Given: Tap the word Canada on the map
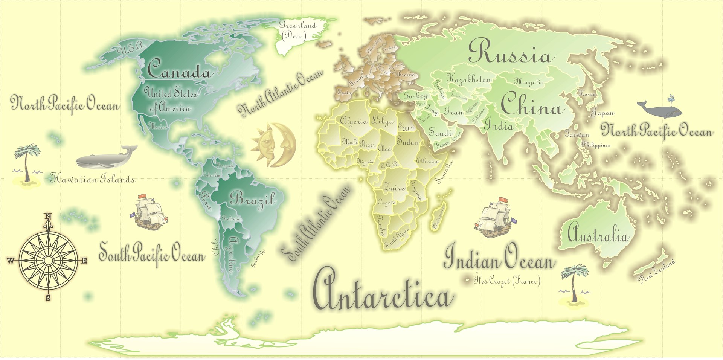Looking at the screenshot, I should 179,70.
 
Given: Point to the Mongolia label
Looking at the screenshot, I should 529,81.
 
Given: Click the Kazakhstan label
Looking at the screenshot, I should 468,79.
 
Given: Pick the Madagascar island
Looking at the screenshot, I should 439,217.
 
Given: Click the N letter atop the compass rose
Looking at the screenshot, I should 48,216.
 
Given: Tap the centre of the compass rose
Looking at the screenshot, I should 48,261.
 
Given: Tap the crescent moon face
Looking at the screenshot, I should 285,145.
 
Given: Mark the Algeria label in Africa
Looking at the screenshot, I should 353,121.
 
